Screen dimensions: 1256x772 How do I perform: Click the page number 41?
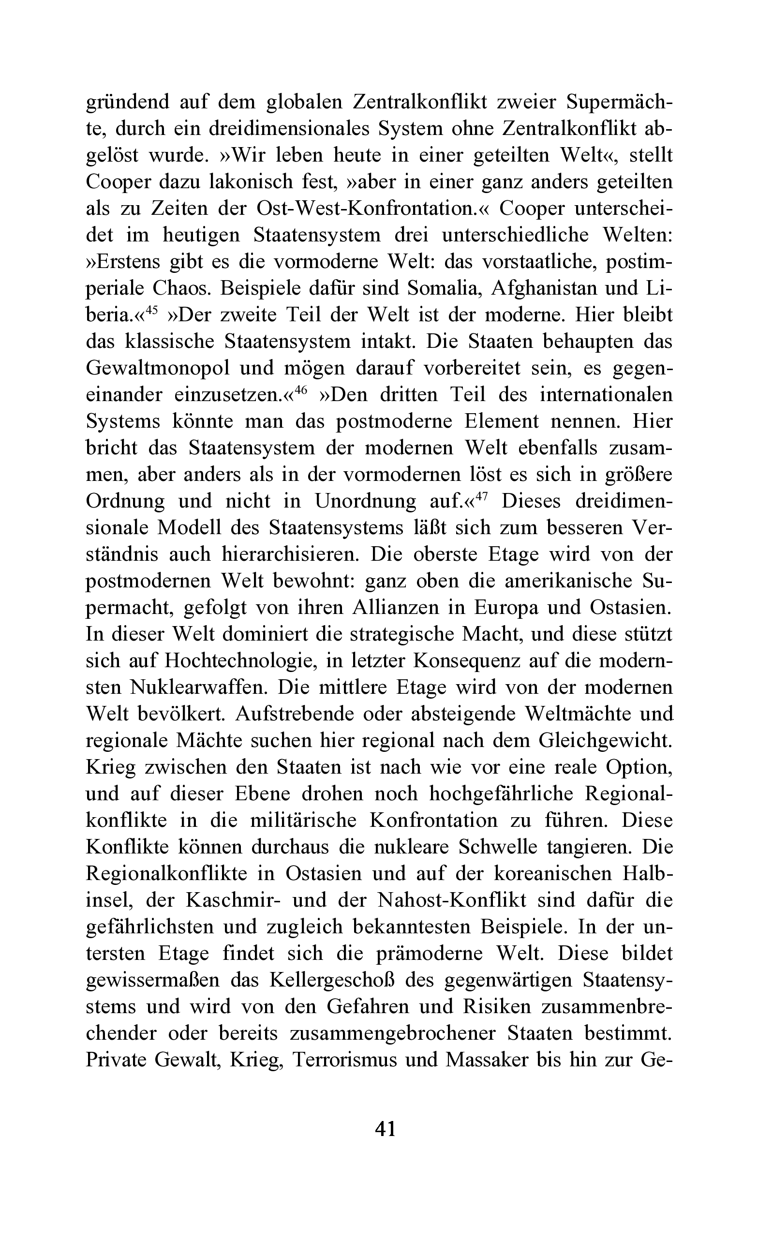[386, 1128]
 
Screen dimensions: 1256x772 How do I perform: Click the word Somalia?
[444, 288]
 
